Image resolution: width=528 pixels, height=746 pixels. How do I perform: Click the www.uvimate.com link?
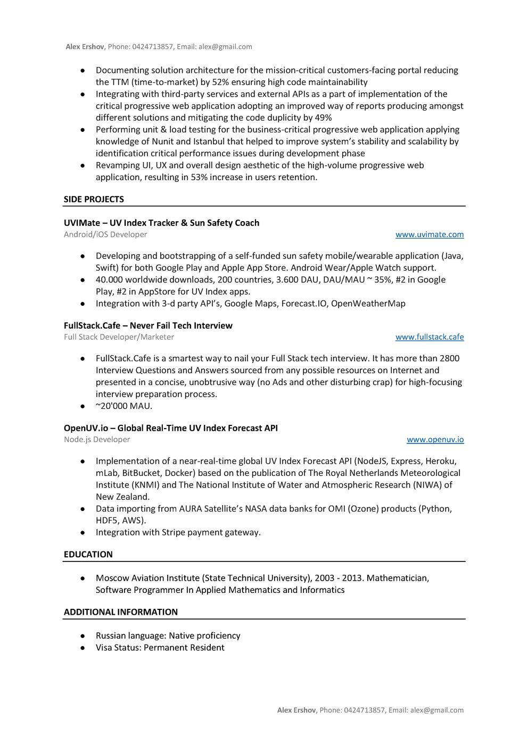(429, 234)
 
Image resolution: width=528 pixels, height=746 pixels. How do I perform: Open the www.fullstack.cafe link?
(429, 337)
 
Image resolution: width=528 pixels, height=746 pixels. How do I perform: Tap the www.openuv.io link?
(435, 440)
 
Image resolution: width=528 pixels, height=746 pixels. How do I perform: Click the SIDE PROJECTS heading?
(94, 199)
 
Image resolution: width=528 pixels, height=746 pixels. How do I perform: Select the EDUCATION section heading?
(88, 555)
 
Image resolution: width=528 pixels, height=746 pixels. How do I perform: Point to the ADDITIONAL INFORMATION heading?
(121, 612)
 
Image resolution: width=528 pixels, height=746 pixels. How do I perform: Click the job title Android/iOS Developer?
(105, 234)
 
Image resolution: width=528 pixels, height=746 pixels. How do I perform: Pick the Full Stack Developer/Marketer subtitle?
(119, 337)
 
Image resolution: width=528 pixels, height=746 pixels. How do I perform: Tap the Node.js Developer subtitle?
(97, 440)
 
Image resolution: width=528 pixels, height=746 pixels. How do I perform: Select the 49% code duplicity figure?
(323, 118)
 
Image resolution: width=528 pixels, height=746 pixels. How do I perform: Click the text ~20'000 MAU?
(124, 406)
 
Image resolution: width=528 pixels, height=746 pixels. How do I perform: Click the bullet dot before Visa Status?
(83, 648)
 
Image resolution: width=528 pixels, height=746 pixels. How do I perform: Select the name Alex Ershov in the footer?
(296, 710)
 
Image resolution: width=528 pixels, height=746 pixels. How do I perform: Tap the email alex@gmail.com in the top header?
(225, 47)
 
